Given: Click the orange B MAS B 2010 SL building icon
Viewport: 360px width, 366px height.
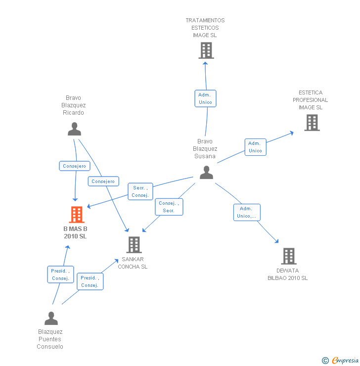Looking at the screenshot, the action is (x=77, y=215).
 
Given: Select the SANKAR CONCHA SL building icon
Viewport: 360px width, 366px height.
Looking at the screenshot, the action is (x=134, y=245).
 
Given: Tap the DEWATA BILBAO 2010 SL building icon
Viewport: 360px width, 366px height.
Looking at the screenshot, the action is (x=289, y=256).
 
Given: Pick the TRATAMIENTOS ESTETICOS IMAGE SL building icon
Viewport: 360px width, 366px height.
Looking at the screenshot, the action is (x=206, y=50).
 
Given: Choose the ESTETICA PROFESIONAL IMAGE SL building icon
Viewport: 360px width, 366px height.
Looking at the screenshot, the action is (x=312, y=123).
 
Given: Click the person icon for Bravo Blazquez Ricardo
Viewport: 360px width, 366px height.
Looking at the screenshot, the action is (x=75, y=129).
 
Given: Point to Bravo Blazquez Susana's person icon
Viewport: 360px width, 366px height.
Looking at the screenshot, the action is (x=207, y=173).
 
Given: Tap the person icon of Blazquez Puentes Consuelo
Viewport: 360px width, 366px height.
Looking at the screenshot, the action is (x=51, y=319).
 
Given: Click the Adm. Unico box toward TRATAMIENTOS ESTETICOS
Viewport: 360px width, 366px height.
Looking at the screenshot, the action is (x=205, y=98).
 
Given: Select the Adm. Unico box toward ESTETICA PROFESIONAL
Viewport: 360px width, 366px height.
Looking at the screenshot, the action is (x=256, y=147).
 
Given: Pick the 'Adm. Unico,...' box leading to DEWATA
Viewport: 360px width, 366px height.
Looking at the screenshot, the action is (x=247, y=212).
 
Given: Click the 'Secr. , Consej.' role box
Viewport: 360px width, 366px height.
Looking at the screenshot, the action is (x=140, y=191).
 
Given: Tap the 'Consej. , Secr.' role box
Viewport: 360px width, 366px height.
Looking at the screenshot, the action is (x=169, y=207).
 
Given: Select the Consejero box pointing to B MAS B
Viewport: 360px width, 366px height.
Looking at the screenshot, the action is (x=75, y=166).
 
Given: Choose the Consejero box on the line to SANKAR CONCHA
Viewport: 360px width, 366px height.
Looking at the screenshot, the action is (x=103, y=182).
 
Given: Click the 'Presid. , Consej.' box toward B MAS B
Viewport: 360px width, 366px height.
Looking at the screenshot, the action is (x=60, y=274).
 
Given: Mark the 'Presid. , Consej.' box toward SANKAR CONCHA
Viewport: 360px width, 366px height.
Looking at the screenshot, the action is (x=90, y=281).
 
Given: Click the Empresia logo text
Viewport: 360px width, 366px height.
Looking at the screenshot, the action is (x=345, y=360).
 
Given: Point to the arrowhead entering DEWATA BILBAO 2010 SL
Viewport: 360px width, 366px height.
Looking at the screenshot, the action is (x=277, y=241).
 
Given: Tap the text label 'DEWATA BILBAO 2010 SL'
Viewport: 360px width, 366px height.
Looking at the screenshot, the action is (x=287, y=274).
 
